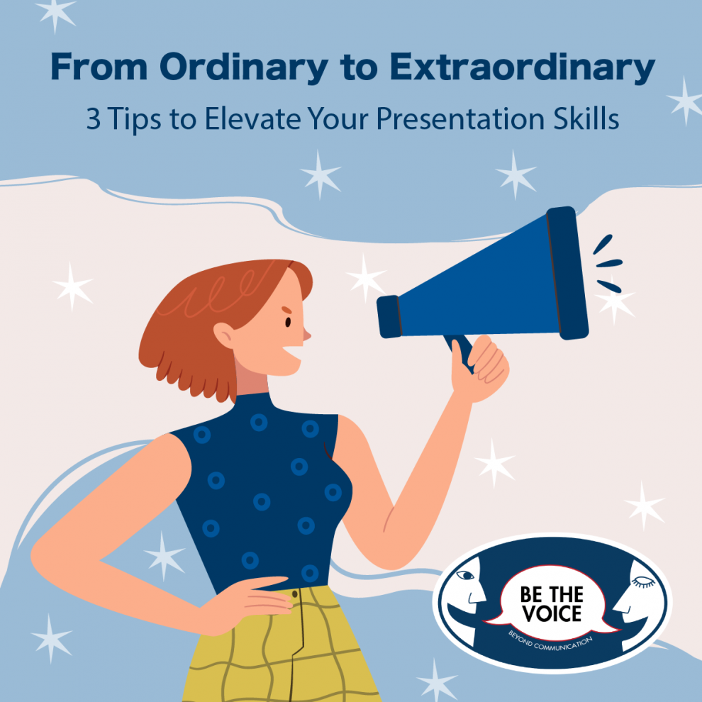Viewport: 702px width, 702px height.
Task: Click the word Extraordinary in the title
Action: pos(523,68)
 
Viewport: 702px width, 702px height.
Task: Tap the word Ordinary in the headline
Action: pos(244,68)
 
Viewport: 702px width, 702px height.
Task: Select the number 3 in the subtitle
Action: pos(93,119)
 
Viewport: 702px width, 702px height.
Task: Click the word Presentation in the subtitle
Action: pos(460,119)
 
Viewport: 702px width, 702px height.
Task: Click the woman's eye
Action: pos(288,322)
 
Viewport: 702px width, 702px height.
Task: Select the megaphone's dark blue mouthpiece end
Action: pos(389,316)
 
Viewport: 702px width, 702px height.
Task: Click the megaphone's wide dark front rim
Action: pos(567,273)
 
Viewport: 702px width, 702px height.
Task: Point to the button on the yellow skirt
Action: pos(294,594)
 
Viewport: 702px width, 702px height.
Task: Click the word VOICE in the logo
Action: pos(552,613)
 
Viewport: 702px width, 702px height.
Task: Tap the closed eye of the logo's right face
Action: pos(643,582)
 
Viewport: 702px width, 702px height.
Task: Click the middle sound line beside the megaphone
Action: pos(609,263)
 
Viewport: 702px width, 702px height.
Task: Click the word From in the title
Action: pos(99,67)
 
